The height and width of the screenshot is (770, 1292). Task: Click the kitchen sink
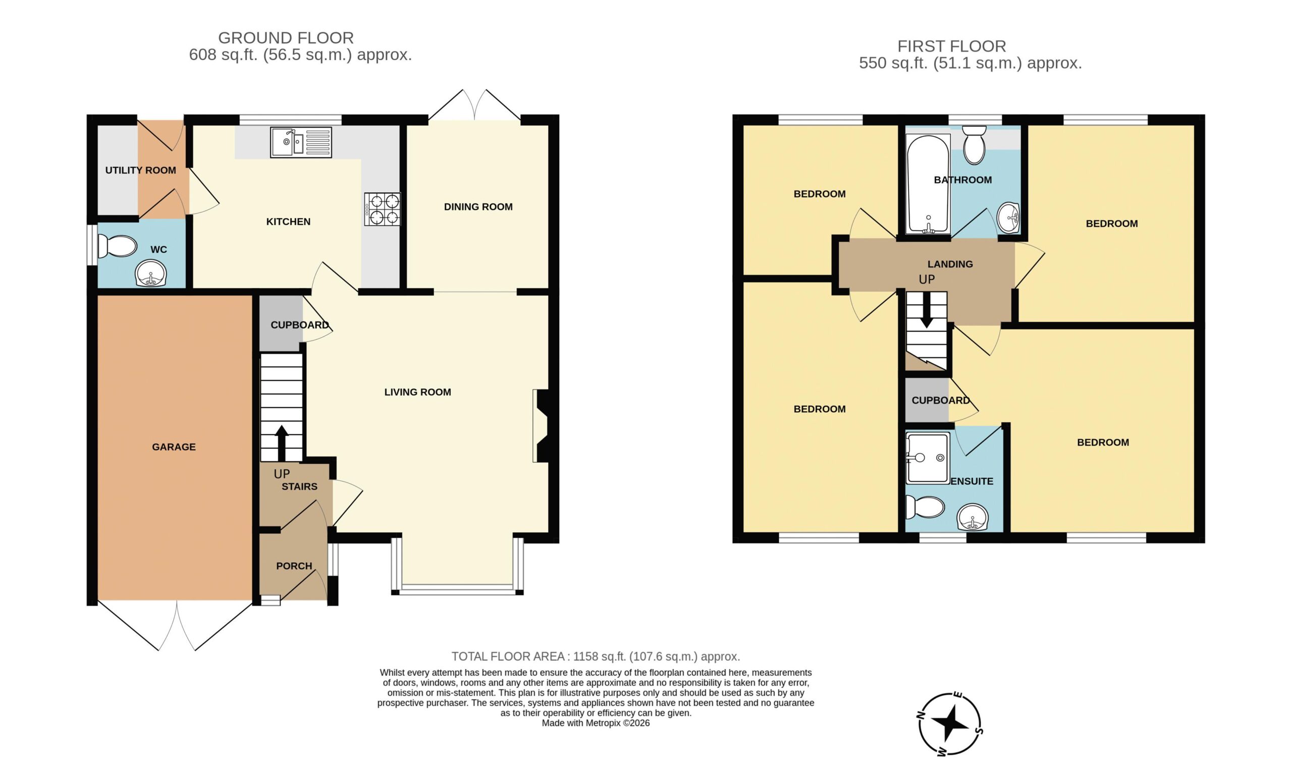[301, 142]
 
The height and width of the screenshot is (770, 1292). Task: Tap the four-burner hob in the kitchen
[383, 209]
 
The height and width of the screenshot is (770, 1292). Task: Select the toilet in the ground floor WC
[117, 246]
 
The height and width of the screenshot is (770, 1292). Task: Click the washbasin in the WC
[150, 273]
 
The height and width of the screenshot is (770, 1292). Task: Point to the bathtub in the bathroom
[928, 184]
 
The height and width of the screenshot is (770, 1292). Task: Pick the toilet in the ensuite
[925, 507]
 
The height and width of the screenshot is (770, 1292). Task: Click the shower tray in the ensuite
[928, 458]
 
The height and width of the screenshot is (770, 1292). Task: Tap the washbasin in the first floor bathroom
[1009, 218]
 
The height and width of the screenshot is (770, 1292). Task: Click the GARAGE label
[174, 447]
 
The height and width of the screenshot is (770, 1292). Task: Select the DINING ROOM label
[478, 206]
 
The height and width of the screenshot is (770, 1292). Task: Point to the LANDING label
[950, 264]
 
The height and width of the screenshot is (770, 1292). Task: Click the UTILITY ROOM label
[141, 170]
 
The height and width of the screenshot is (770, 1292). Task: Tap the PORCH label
[294, 566]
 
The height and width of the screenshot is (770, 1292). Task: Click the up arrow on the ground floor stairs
[282, 443]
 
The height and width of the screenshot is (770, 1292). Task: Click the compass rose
[949, 723]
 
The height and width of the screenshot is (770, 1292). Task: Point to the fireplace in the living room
[541, 425]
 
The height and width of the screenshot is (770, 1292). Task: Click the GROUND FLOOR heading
[286, 38]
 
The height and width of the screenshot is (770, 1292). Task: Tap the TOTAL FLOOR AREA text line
[596, 656]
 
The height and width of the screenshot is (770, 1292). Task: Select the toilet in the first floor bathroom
[975, 144]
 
